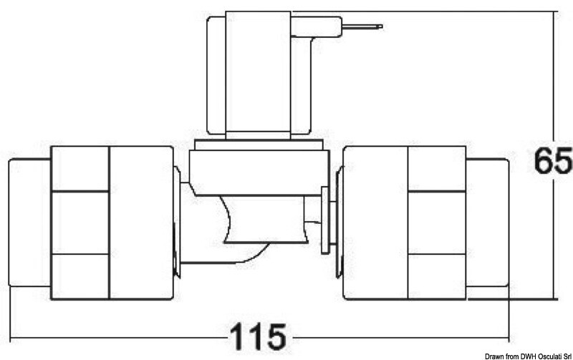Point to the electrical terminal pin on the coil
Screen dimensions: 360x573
pyautogui.click(x=362, y=27)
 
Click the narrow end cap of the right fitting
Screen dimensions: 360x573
pyautogui.click(x=488, y=222)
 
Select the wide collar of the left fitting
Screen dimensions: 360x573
pyautogui.click(x=140, y=222)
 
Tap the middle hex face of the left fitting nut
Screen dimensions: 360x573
pyautogui.click(x=80, y=222)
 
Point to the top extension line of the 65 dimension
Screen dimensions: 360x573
pyautogui.click(x=430, y=11)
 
